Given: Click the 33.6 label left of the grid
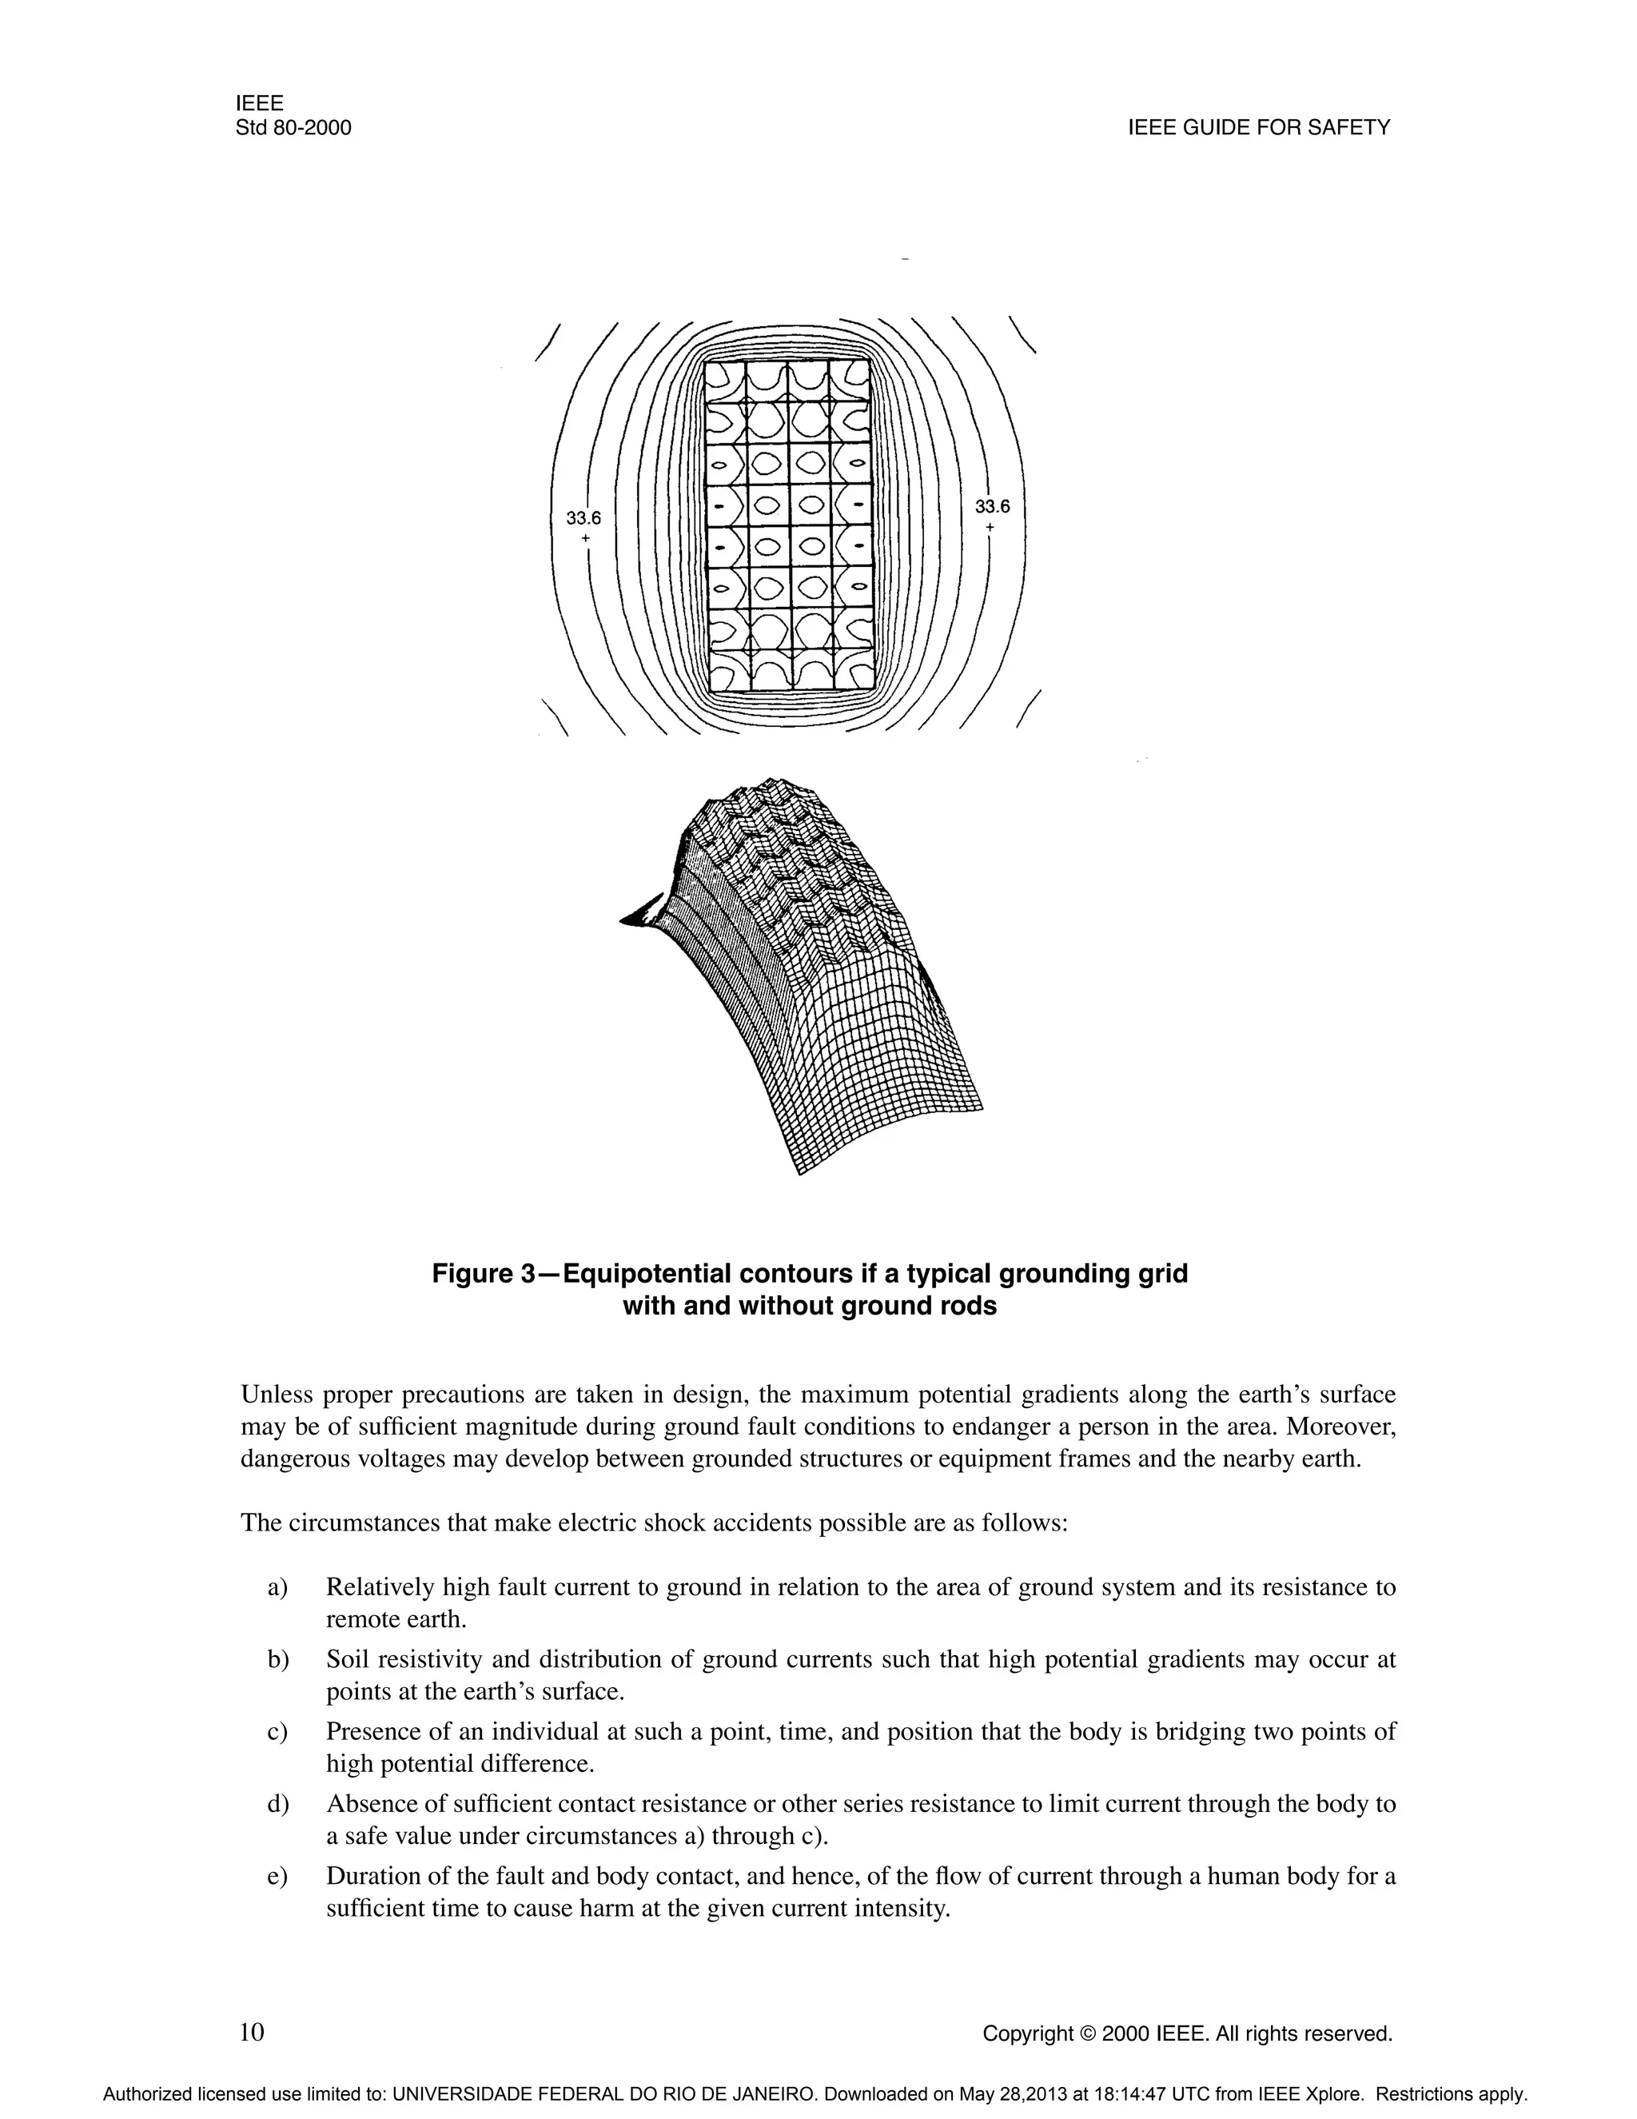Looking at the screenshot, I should tap(584, 519).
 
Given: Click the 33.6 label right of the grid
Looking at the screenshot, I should tap(992, 506).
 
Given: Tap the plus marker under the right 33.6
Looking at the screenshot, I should tap(990, 527).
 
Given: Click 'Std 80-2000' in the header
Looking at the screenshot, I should tap(293, 128).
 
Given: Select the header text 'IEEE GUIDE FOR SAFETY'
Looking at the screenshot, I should tap(1259, 128).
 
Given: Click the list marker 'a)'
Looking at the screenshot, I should tap(278, 1587).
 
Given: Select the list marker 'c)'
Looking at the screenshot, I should tap(278, 1732).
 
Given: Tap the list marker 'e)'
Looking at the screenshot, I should tap(278, 1877).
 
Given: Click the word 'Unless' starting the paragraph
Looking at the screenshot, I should tap(276, 1395).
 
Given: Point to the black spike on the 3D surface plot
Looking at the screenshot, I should tap(642, 913).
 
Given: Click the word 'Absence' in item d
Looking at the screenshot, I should tap(364, 1804).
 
